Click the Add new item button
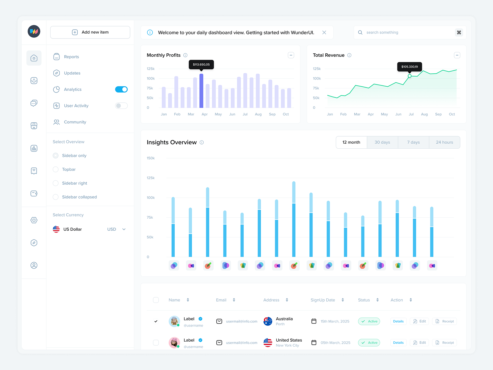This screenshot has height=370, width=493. pyautogui.click(x=90, y=32)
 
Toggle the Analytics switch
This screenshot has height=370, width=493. pyautogui.click(x=121, y=89)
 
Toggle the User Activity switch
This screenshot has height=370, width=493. pyautogui.click(x=121, y=106)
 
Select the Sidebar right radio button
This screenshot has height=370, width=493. pyautogui.click(x=56, y=183)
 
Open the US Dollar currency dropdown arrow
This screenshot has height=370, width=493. pyautogui.click(x=124, y=229)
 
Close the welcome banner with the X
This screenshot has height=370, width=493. pyautogui.click(x=324, y=32)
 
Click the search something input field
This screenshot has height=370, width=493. pyautogui.click(x=404, y=32)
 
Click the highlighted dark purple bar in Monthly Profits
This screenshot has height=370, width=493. pyautogui.click(x=201, y=91)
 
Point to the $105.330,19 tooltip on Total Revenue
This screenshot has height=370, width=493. pyautogui.click(x=409, y=67)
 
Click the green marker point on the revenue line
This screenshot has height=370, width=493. pyautogui.click(x=409, y=76)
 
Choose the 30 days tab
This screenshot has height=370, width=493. pyautogui.click(x=382, y=142)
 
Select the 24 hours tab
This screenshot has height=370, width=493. pyautogui.click(x=444, y=142)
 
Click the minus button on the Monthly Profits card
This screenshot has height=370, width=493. pyautogui.click(x=291, y=55)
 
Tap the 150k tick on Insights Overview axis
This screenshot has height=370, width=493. pyautogui.click(x=151, y=158)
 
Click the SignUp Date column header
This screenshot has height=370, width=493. pyautogui.click(x=323, y=300)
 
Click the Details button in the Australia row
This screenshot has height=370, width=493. pyautogui.click(x=398, y=321)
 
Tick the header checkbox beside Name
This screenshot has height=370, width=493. pyautogui.click(x=156, y=300)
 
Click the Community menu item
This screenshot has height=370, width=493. pyautogui.click(x=75, y=122)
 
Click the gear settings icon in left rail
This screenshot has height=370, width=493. pyautogui.click(x=34, y=220)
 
